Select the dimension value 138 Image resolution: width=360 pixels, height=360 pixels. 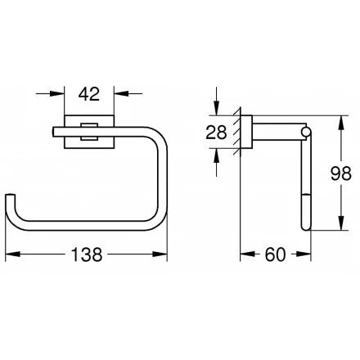pos(88,255)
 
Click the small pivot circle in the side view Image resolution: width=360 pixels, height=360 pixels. pos(306,130)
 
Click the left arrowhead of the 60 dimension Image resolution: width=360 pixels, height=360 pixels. pos(244,254)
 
